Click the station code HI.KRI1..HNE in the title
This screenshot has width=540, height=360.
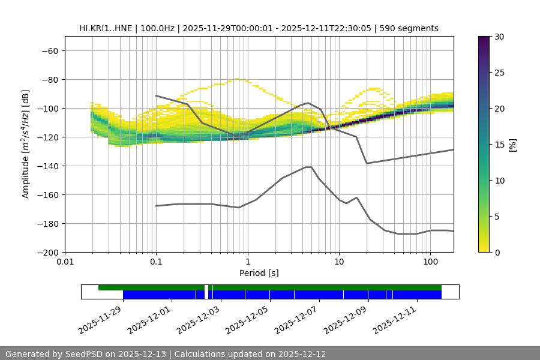click(x=107, y=28)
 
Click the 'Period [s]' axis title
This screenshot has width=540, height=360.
click(x=259, y=273)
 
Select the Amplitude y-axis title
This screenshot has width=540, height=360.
click(x=26, y=144)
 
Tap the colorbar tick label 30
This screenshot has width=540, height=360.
click(x=499, y=37)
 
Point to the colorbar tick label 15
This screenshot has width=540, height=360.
click(x=499, y=145)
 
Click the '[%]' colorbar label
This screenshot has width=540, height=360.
click(x=513, y=145)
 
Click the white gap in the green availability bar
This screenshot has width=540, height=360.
click(x=206, y=287)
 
